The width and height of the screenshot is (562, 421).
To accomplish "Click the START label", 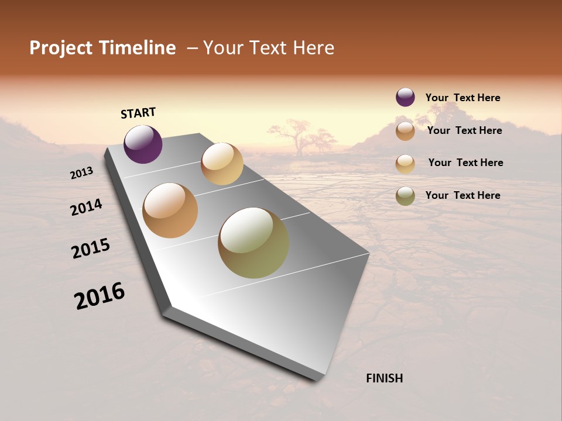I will pos(138,113).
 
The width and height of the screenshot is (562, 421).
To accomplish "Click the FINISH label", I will pos(384,378).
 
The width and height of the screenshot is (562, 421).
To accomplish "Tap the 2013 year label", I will pos(82,173).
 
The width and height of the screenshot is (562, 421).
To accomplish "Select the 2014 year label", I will pos(86,207).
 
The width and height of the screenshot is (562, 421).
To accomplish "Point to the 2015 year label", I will pos(91,249).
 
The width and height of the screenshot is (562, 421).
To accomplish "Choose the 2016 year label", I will pos(100,296).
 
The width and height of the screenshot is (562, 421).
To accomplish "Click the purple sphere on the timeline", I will pos(143,144).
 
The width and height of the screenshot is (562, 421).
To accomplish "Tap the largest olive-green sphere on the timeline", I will pos(253,243).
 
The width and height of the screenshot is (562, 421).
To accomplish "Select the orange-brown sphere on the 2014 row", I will pos(170,210).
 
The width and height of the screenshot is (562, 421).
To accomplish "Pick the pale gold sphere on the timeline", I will pos(222,164).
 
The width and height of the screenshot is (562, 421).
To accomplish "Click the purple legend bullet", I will pos(405,97).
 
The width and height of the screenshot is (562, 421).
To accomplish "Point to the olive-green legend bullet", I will pos(405,196).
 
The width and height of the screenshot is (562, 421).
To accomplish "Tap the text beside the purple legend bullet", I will pos(462,98).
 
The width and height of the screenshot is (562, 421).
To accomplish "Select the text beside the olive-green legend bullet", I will pos(462,195).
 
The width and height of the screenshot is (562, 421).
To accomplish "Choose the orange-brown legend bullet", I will pos(405,131).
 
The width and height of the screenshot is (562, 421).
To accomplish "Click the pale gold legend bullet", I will pos(405,163).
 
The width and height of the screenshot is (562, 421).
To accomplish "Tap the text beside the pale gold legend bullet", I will pos(465,163).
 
